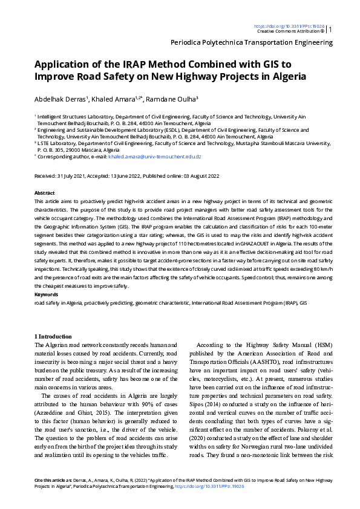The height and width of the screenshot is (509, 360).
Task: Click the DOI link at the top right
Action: tap(289, 27)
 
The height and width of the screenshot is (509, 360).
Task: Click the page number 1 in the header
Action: tap(330, 29)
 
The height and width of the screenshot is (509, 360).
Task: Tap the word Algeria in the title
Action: tap(287, 77)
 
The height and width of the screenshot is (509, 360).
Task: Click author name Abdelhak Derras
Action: tap(62, 99)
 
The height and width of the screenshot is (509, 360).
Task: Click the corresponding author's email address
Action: tap(154, 156)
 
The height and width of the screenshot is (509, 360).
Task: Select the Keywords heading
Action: tap(46, 294)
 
